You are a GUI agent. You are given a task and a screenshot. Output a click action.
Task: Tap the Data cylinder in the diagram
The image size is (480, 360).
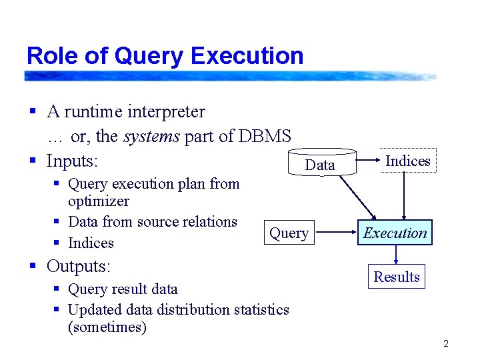320,164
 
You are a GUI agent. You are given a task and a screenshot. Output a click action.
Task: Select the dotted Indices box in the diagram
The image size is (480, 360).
408,161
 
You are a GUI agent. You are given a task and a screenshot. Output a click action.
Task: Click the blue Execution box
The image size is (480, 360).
395,233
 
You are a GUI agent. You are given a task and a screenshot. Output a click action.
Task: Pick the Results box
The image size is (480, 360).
396,277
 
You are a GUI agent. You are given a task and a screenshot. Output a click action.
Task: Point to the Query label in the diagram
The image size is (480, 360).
289,233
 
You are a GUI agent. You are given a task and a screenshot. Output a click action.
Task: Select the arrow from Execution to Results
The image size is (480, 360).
396,255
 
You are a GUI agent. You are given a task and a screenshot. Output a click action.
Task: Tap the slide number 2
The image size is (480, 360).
446,344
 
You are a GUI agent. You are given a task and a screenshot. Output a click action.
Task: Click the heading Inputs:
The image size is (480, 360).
72,161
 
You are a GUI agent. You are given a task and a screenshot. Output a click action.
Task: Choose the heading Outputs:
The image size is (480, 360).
78,266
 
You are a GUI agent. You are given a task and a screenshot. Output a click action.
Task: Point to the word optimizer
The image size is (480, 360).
99,201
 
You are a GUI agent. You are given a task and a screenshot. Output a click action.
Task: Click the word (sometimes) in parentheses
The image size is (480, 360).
107,327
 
